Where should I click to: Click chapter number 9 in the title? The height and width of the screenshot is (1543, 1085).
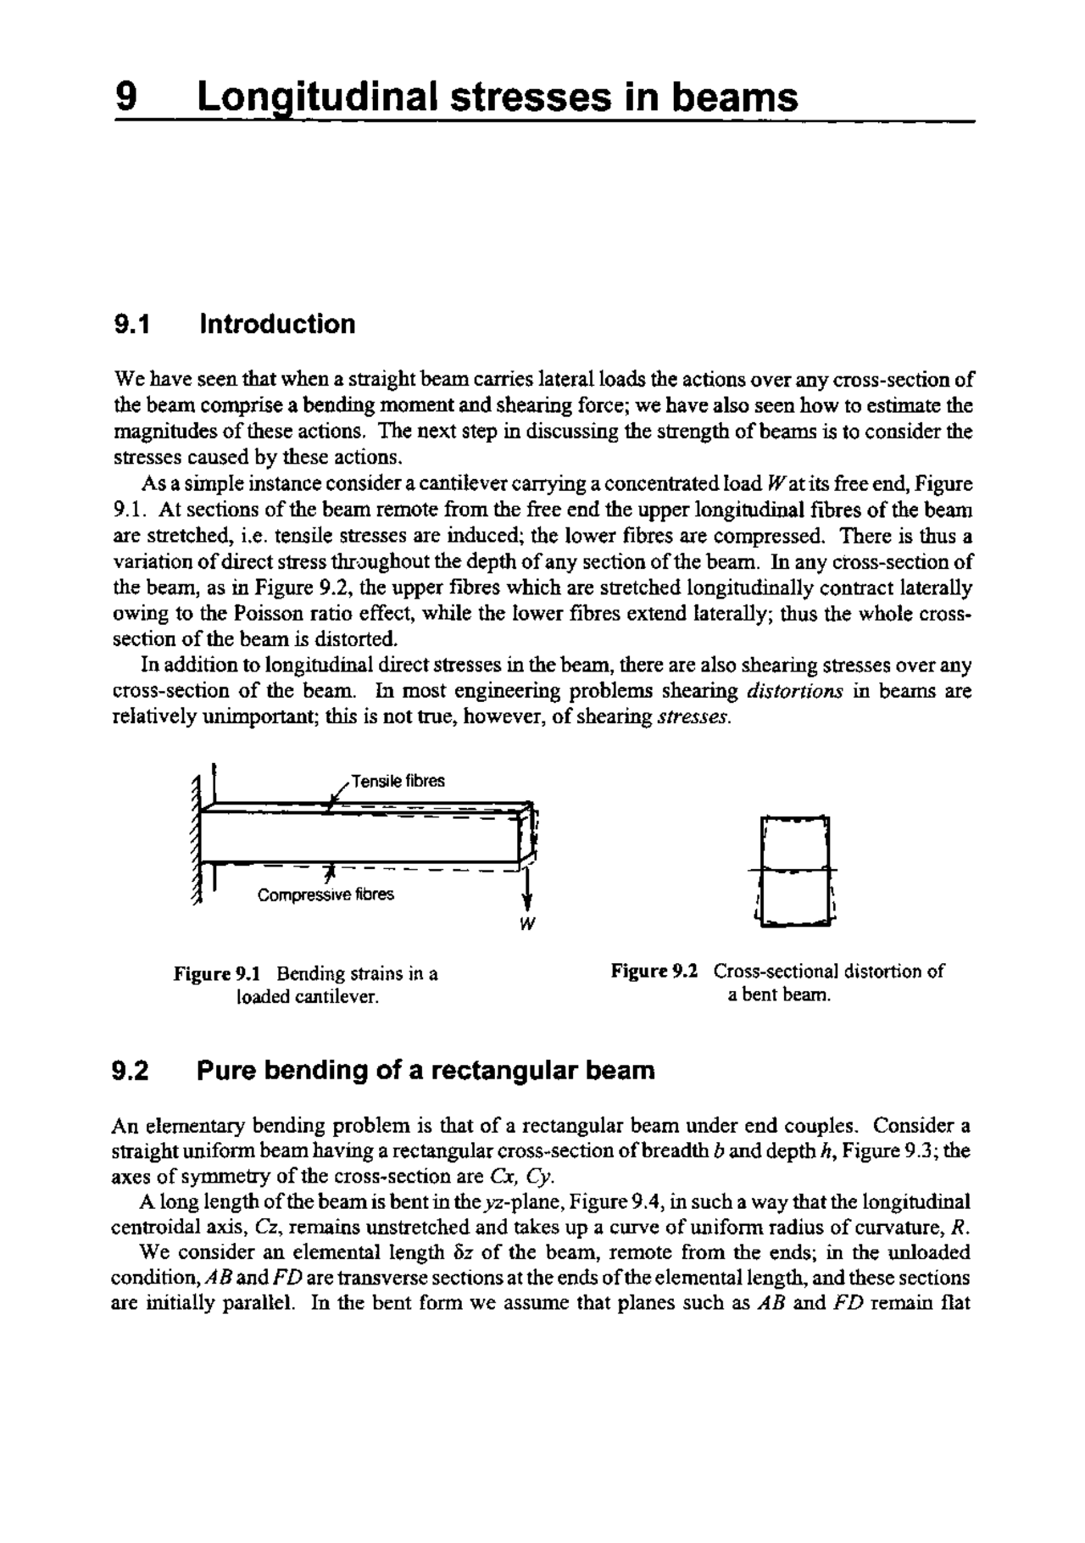click(125, 97)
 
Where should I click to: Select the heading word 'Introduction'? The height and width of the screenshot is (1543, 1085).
click(276, 324)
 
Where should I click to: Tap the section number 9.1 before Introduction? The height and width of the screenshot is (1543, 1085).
click(131, 324)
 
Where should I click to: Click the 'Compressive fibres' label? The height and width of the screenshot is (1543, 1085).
click(325, 895)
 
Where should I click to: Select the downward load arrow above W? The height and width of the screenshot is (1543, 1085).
click(527, 890)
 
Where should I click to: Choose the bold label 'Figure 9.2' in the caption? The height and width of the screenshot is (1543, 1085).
click(654, 971)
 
